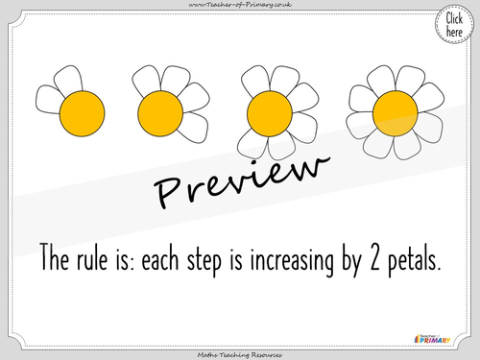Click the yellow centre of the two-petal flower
pyautogui.click(x=82, y=115)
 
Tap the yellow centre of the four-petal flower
pyautogui.click(x=158, y=115)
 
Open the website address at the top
pyautogui.click(x=240, y=7)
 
